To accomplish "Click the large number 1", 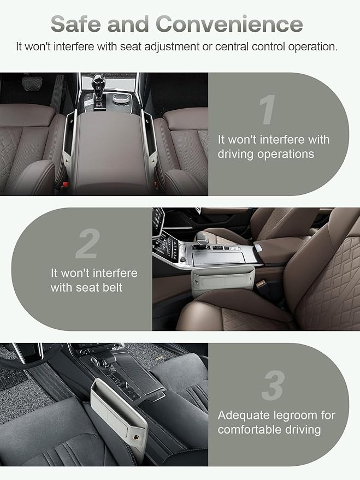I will point(268,110).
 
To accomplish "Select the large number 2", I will point(87,244).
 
